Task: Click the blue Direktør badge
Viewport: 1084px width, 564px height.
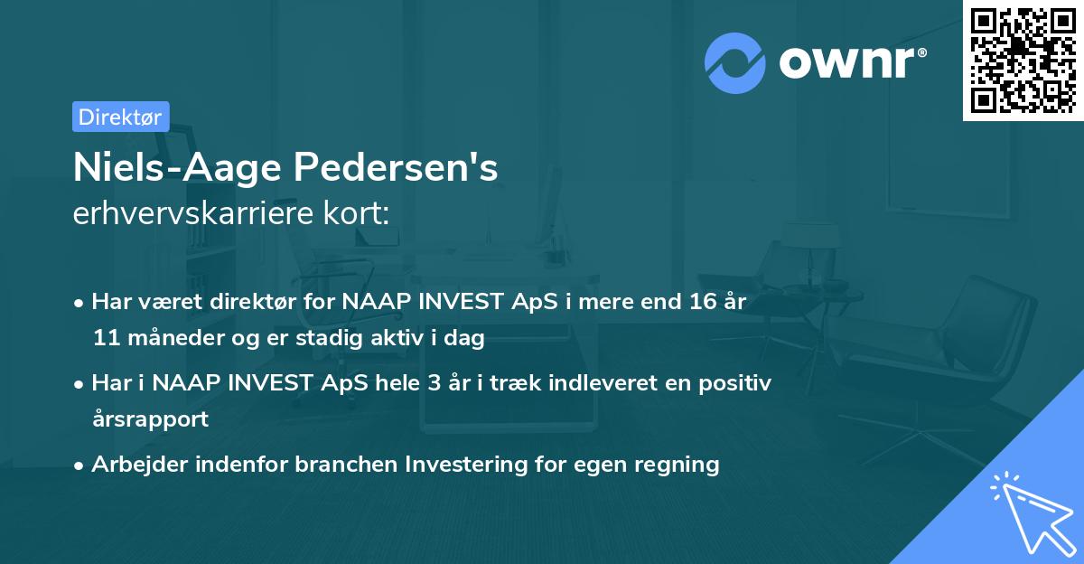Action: click(x=120, y=117)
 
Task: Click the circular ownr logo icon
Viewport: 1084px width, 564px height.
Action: click(x=735, y=62)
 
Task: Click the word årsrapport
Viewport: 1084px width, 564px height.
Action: click(x=150, y=419)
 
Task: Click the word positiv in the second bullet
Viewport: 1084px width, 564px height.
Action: click(x=740, y=383)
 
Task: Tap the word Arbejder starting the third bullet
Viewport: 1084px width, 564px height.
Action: click(x=136, y=465)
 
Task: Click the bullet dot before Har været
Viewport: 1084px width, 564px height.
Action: click(x=80, y=303)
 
